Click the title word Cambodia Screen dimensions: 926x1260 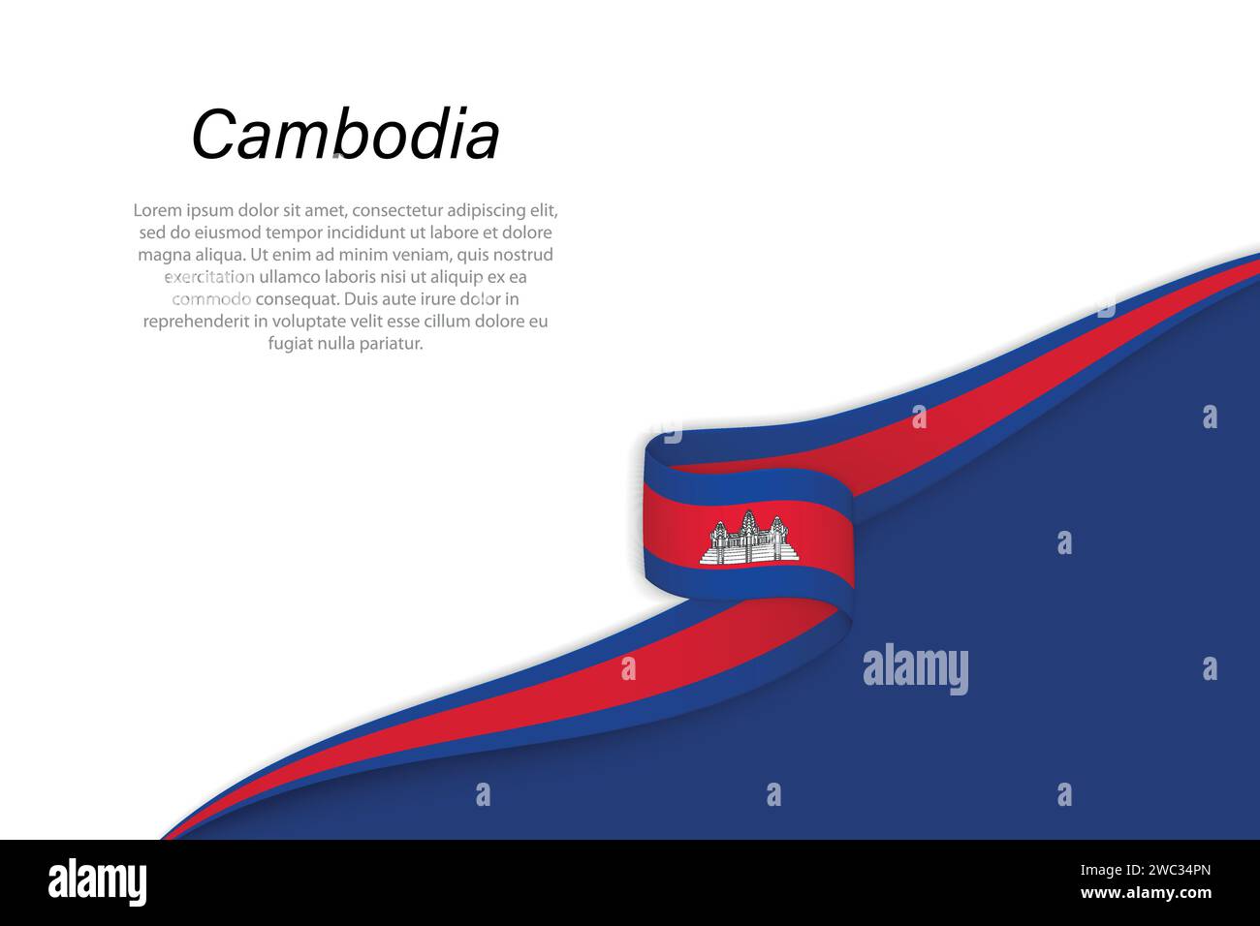point(345,135)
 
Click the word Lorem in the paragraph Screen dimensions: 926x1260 point(157,210)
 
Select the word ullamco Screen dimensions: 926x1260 point(292,277)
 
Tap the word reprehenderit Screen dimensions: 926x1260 point(197,322)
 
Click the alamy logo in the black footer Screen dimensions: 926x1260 point(97,882)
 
